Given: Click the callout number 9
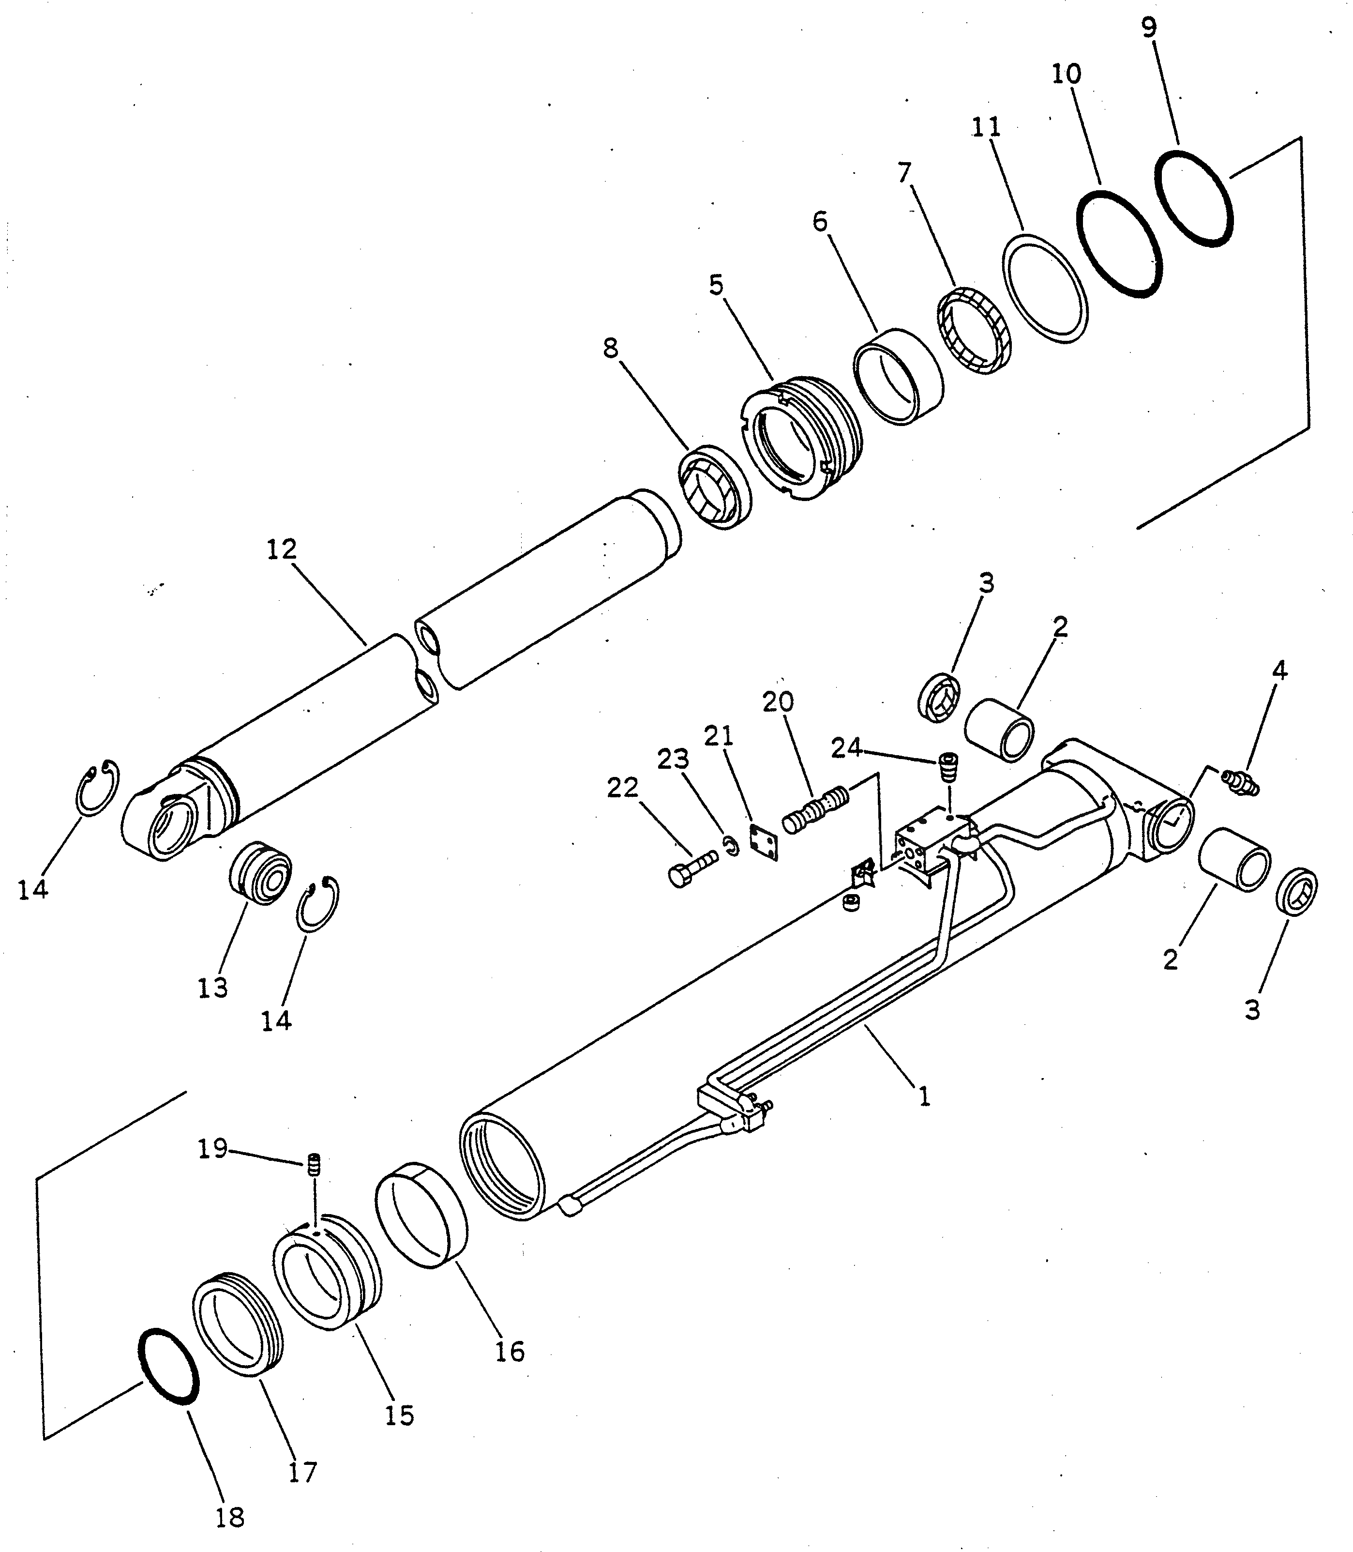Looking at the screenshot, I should coord(1148,28).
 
